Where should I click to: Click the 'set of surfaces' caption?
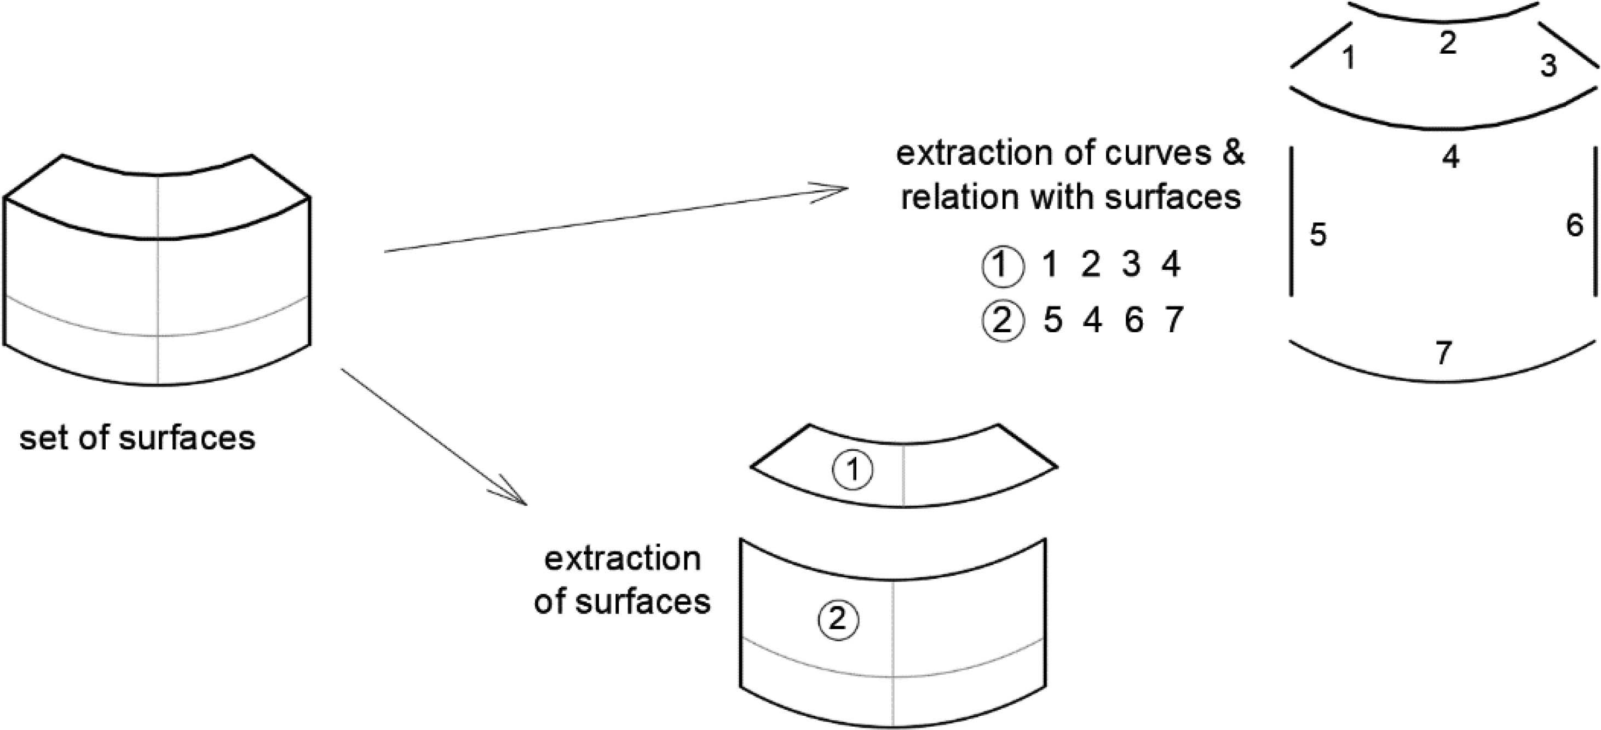pyautogui.click(x=137, y=438)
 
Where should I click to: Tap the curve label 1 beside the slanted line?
pyautogui.click(x=1348, y=59)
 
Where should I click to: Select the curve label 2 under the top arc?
pyautogui.click(x=1448, y=43)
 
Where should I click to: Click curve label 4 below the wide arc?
pyautogui.click(x=1450, y=158)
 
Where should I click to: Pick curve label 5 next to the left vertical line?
pyautogui.click(x=1317, y=235)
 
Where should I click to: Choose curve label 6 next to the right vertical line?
pyautogui.click(x=1574, y=225)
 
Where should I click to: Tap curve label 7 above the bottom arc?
pyautogui.click(x=1443, y=354)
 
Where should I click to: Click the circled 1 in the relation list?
pyautogui.click(x=1002, y=266)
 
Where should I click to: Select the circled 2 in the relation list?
pyautogui.click(x=1002, y=322)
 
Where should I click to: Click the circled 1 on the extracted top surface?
pyautogui.click(x=853, y=470)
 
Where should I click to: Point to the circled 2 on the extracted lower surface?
pyautogui.click(x=838, y=619)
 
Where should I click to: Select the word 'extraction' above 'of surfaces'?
pyautogui.click(x=622, y=559)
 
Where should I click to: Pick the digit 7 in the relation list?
pyautogui.click(x=1173, y=321)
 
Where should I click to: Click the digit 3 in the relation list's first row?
pyautogui.click(x=1131, y=265)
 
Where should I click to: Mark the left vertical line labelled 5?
pyautogui.click(x=1292, y=221)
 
